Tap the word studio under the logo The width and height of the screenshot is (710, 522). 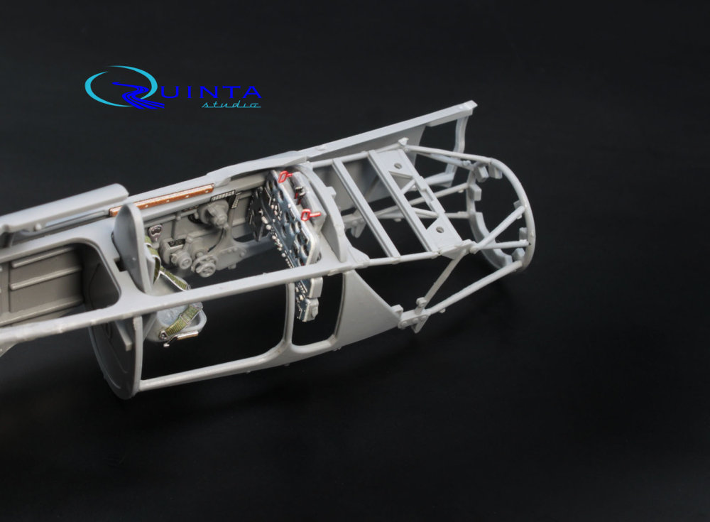(231, 105)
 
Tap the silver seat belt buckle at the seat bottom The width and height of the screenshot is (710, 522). (179, 337)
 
